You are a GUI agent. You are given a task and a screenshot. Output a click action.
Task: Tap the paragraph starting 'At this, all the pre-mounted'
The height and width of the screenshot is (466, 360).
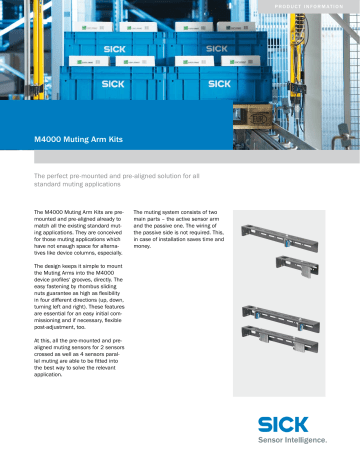82,369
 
